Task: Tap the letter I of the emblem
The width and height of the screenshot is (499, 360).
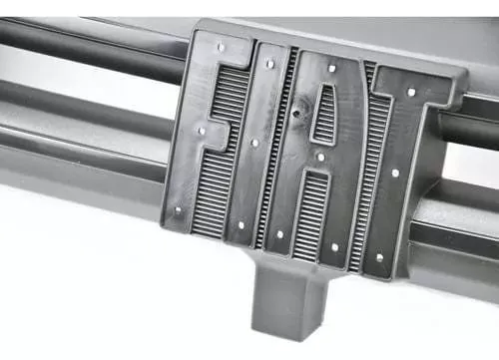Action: point(256,147)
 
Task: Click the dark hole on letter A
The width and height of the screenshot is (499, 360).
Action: point(295,114)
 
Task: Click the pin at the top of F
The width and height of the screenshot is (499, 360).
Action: point(221,47)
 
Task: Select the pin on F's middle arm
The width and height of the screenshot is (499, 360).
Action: point(202,132)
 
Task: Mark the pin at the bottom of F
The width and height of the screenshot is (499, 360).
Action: point(179,210)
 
